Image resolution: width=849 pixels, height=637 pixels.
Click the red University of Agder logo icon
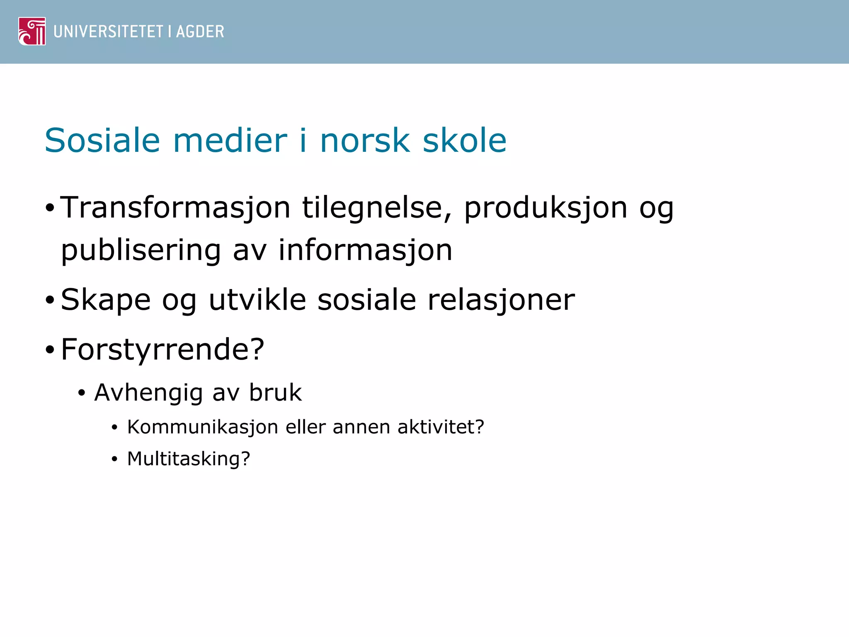click(32, 31)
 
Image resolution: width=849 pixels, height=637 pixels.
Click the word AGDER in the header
click(200, 32)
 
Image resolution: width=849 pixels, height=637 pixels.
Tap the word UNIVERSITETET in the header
click(108, 32)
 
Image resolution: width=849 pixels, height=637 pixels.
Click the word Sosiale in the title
click(102, 141)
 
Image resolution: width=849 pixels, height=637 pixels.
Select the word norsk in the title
click(365, 141)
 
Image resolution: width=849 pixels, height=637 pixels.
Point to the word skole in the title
click(464, 141)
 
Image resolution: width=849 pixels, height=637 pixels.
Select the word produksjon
click(546, 208)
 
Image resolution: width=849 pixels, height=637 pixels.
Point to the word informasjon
click(365, 250)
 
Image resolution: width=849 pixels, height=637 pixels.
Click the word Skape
click(106, 300)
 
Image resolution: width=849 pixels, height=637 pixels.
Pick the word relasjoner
click(501, 300)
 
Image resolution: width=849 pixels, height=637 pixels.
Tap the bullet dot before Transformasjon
click(50, 208)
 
